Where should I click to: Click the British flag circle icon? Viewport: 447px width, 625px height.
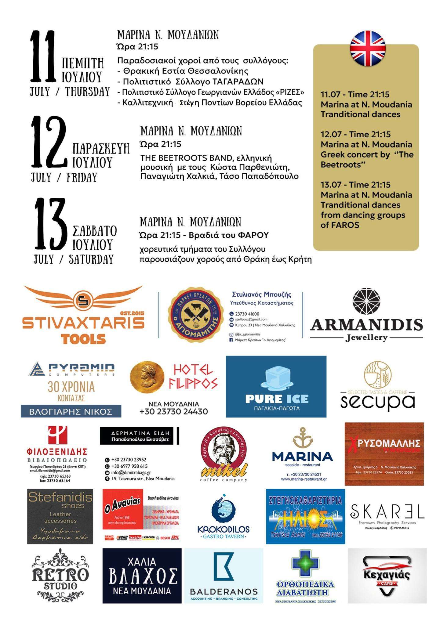(367, 48)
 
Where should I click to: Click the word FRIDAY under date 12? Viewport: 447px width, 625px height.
(82, 177)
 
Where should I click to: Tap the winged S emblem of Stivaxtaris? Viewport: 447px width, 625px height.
(83, 300)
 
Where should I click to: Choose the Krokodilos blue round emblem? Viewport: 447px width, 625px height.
(223, 509)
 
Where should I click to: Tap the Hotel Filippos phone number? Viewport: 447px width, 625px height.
(173, 411)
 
